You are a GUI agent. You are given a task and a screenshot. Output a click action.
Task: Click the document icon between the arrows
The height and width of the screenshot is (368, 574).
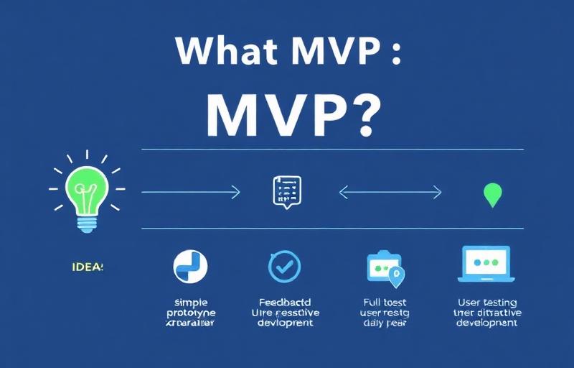pos(287,191)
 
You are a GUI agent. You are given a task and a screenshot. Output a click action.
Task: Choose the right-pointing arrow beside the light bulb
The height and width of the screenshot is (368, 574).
pos(190,192)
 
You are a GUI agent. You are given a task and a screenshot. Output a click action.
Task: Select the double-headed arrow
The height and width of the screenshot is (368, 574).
pos(390,192)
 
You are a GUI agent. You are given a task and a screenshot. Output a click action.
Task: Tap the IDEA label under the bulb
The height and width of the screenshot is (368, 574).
pos(88,267)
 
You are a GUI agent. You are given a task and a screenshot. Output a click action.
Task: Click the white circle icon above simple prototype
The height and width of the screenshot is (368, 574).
pos(189,265)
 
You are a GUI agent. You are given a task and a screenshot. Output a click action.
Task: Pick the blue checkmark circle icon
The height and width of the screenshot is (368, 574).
pos(284,266)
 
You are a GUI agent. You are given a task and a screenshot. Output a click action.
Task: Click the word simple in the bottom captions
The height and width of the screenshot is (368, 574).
pos(189,303)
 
